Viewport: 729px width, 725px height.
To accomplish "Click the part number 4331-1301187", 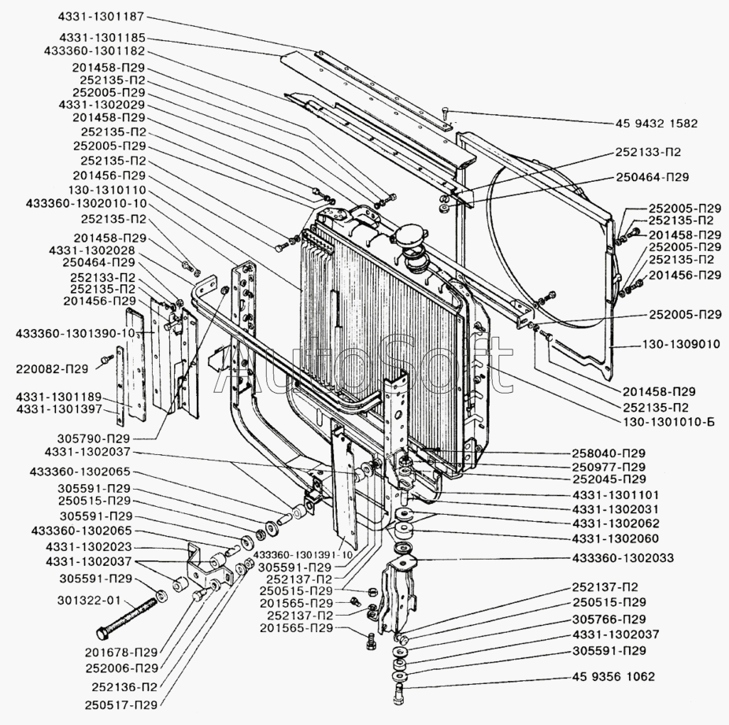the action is (x=102, y=17).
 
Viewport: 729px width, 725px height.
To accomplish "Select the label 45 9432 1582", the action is (x=657, y=124).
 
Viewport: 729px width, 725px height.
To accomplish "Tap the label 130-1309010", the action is (x=682, y=344).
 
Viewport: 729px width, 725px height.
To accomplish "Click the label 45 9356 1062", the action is (x=613, y=676).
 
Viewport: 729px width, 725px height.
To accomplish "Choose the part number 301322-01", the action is (x=89, y=601).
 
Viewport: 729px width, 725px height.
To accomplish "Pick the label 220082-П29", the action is (x=52, y=369).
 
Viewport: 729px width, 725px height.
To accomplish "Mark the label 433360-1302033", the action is (x=623, y=557).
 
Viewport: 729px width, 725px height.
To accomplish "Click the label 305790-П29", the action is (x=94, y=438).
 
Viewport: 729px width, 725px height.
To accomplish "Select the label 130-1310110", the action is (x=107, y=190).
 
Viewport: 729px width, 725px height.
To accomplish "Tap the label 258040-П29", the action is (x=609, y=453).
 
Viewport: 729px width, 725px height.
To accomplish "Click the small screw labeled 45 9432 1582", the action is (x=446, y=114).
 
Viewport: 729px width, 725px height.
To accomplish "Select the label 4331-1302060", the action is (x=616, y=539).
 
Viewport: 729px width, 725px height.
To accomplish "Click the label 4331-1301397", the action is (x=58, y=409).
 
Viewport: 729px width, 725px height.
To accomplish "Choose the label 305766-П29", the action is (x=609, y=620).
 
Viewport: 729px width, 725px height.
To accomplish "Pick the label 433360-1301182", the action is (x=94, y=51).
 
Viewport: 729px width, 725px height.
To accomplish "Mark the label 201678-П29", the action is (x=121, y=653).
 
